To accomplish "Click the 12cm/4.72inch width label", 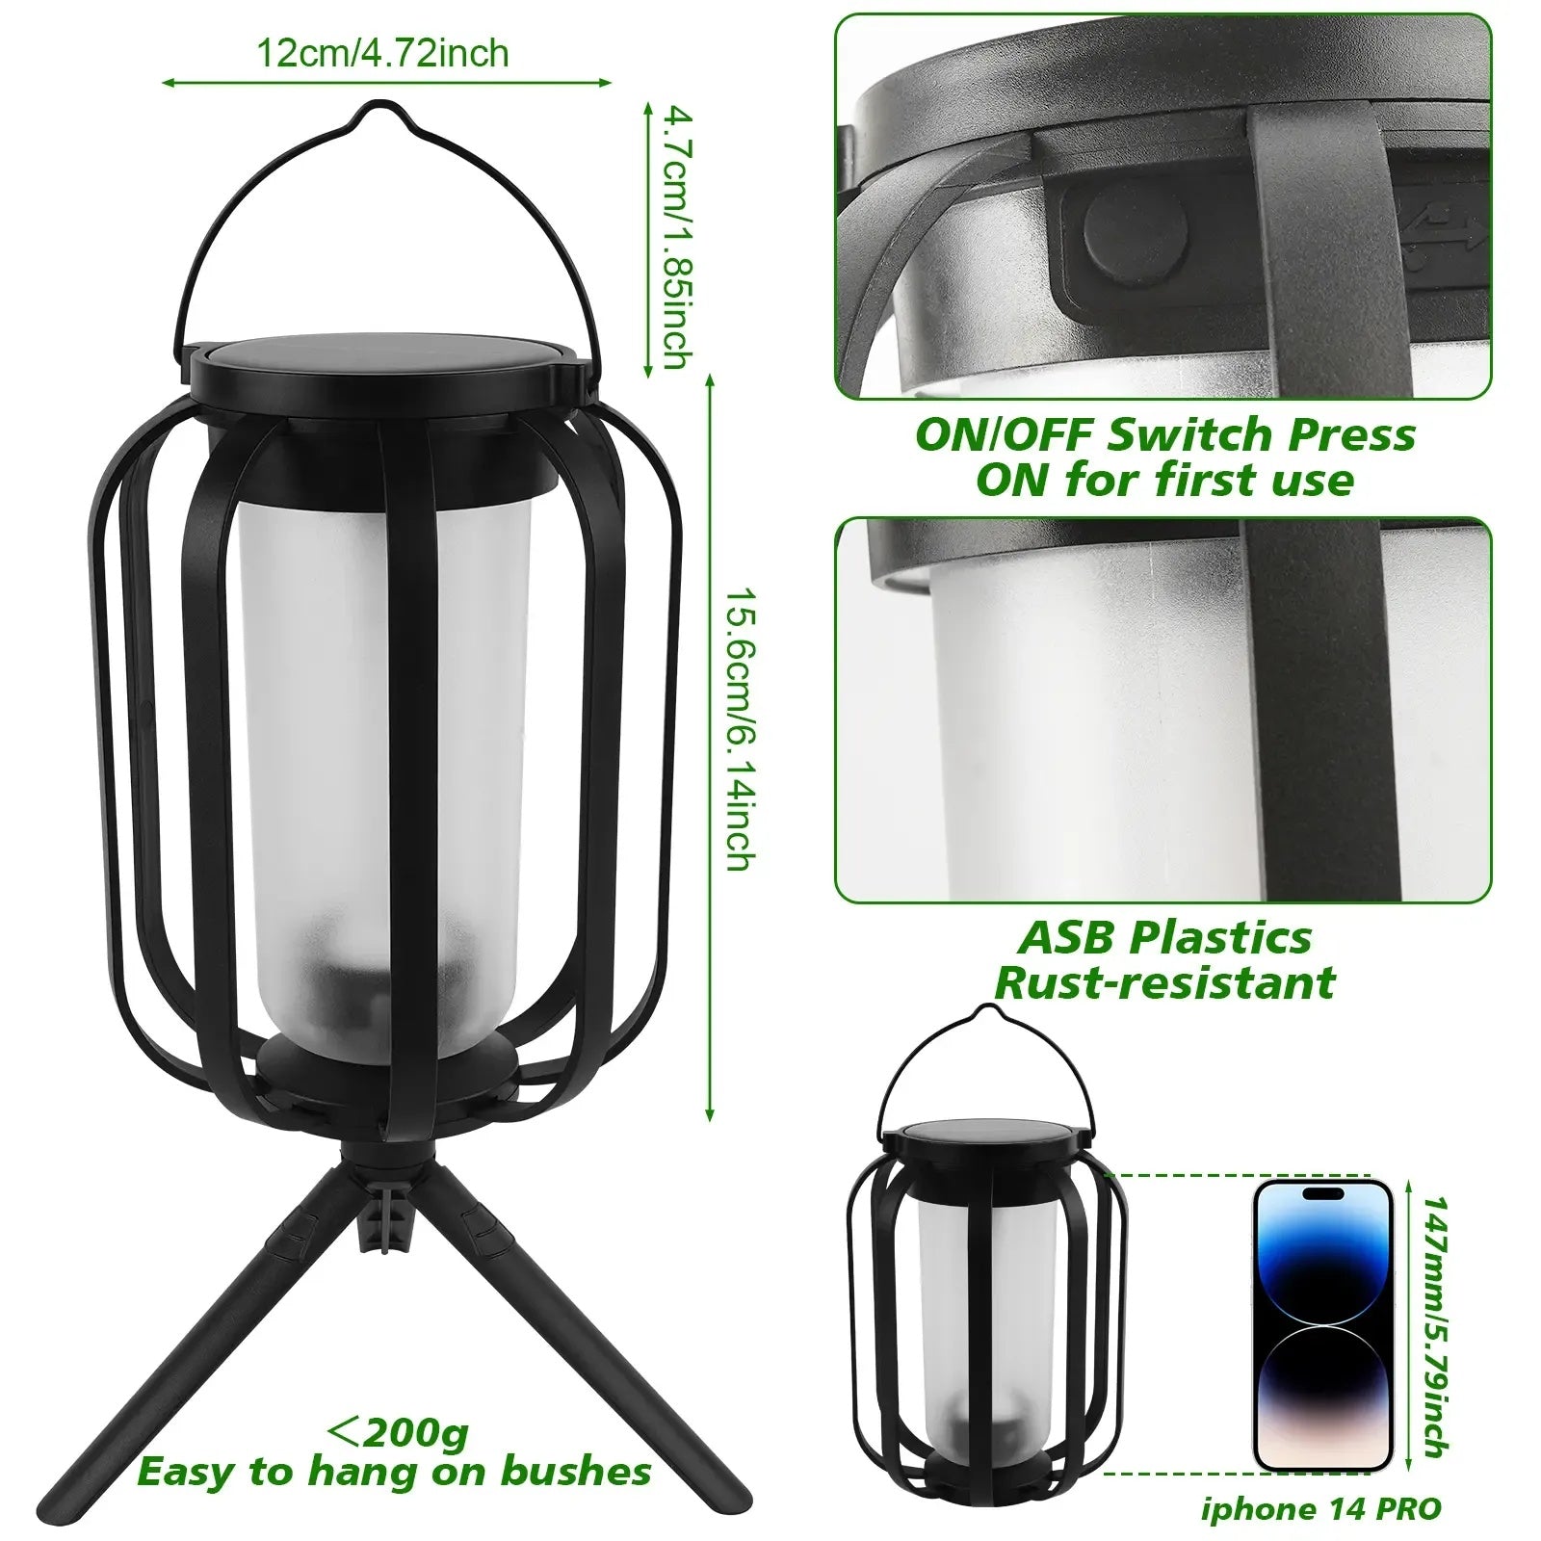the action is [381, 53].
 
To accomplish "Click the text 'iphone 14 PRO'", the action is [1320, 1508].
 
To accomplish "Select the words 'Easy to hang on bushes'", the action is [394, 1473].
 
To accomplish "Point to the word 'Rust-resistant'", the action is [1164, 982].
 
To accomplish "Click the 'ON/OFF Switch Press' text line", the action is [1164, 435].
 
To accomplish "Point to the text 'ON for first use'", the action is [1164, 480].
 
